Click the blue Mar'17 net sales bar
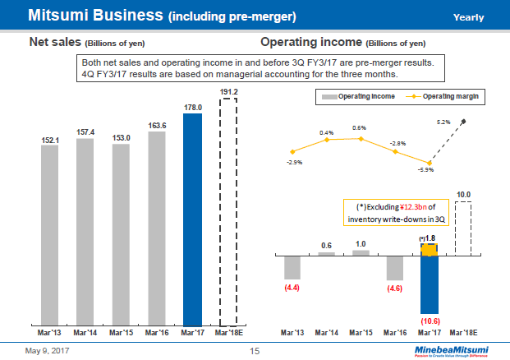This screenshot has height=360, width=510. (192, 219)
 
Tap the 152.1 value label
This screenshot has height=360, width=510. (50, 141)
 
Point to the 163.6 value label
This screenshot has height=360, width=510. (157, 126)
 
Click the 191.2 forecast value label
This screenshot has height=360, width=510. (228, 92)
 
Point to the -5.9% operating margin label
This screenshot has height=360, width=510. (426, 169)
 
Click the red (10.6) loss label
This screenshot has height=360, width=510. (429, 319)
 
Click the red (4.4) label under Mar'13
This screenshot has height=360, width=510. (292, 288)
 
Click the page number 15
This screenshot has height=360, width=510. (255, 352)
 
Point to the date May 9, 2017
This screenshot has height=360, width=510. (42, 352)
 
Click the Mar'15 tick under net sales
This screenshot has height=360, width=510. (122, 334)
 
